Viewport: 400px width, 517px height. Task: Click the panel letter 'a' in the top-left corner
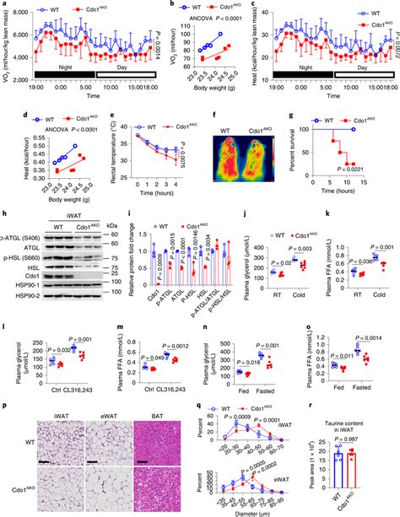point(4,5)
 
